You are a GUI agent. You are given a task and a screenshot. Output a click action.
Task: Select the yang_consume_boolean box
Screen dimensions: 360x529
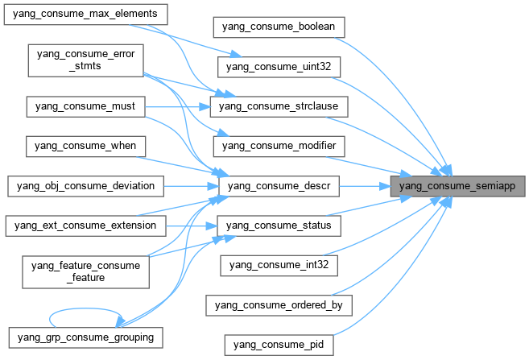pos(279,27)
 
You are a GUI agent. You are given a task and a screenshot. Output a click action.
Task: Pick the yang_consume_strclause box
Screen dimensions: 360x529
pos(278,106)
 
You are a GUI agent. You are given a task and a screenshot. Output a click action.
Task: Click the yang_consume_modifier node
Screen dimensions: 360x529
pos(278,146)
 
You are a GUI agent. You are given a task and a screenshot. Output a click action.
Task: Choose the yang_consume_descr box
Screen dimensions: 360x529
pos(278,186)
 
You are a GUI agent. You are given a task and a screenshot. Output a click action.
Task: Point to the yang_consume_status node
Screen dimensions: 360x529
pos(278,226)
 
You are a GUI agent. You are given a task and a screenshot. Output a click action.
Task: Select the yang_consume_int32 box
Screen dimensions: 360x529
pos(278,264)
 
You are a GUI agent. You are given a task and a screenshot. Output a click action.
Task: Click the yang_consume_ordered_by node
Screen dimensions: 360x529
pos(279,304)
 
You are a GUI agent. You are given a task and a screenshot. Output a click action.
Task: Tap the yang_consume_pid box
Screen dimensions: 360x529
pos(278,344)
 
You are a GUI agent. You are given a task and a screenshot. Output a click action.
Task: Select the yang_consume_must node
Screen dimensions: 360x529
pos(85,106)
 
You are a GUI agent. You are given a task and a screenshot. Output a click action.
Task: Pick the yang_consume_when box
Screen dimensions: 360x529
pos(85,146)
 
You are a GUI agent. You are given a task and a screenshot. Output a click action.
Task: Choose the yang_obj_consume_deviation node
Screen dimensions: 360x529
pos(85,186)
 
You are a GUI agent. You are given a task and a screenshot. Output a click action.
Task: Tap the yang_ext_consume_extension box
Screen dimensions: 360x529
pos(85,226)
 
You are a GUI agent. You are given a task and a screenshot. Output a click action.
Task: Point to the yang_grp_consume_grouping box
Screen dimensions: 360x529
pos(85,333)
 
